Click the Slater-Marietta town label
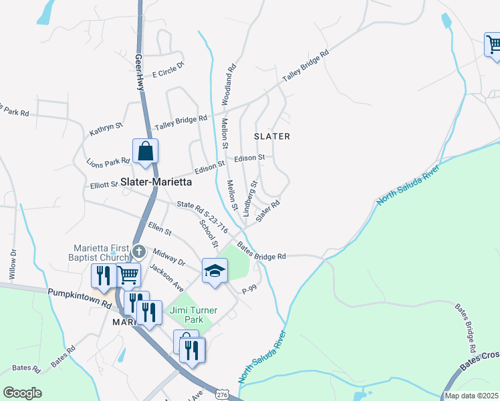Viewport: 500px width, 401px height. [x=156, y=182]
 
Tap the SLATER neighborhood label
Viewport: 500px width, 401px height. [x=272, y=136]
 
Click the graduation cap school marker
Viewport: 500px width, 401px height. [x=215, y=271]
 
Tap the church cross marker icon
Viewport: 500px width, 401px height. [x=138, y=252]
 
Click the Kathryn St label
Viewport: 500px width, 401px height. [x=107, y=129]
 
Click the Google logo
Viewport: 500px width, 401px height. [x=22, y=393]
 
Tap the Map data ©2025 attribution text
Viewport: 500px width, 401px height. [x=471, y=396]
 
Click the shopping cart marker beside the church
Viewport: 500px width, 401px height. [x=128, y=273]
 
